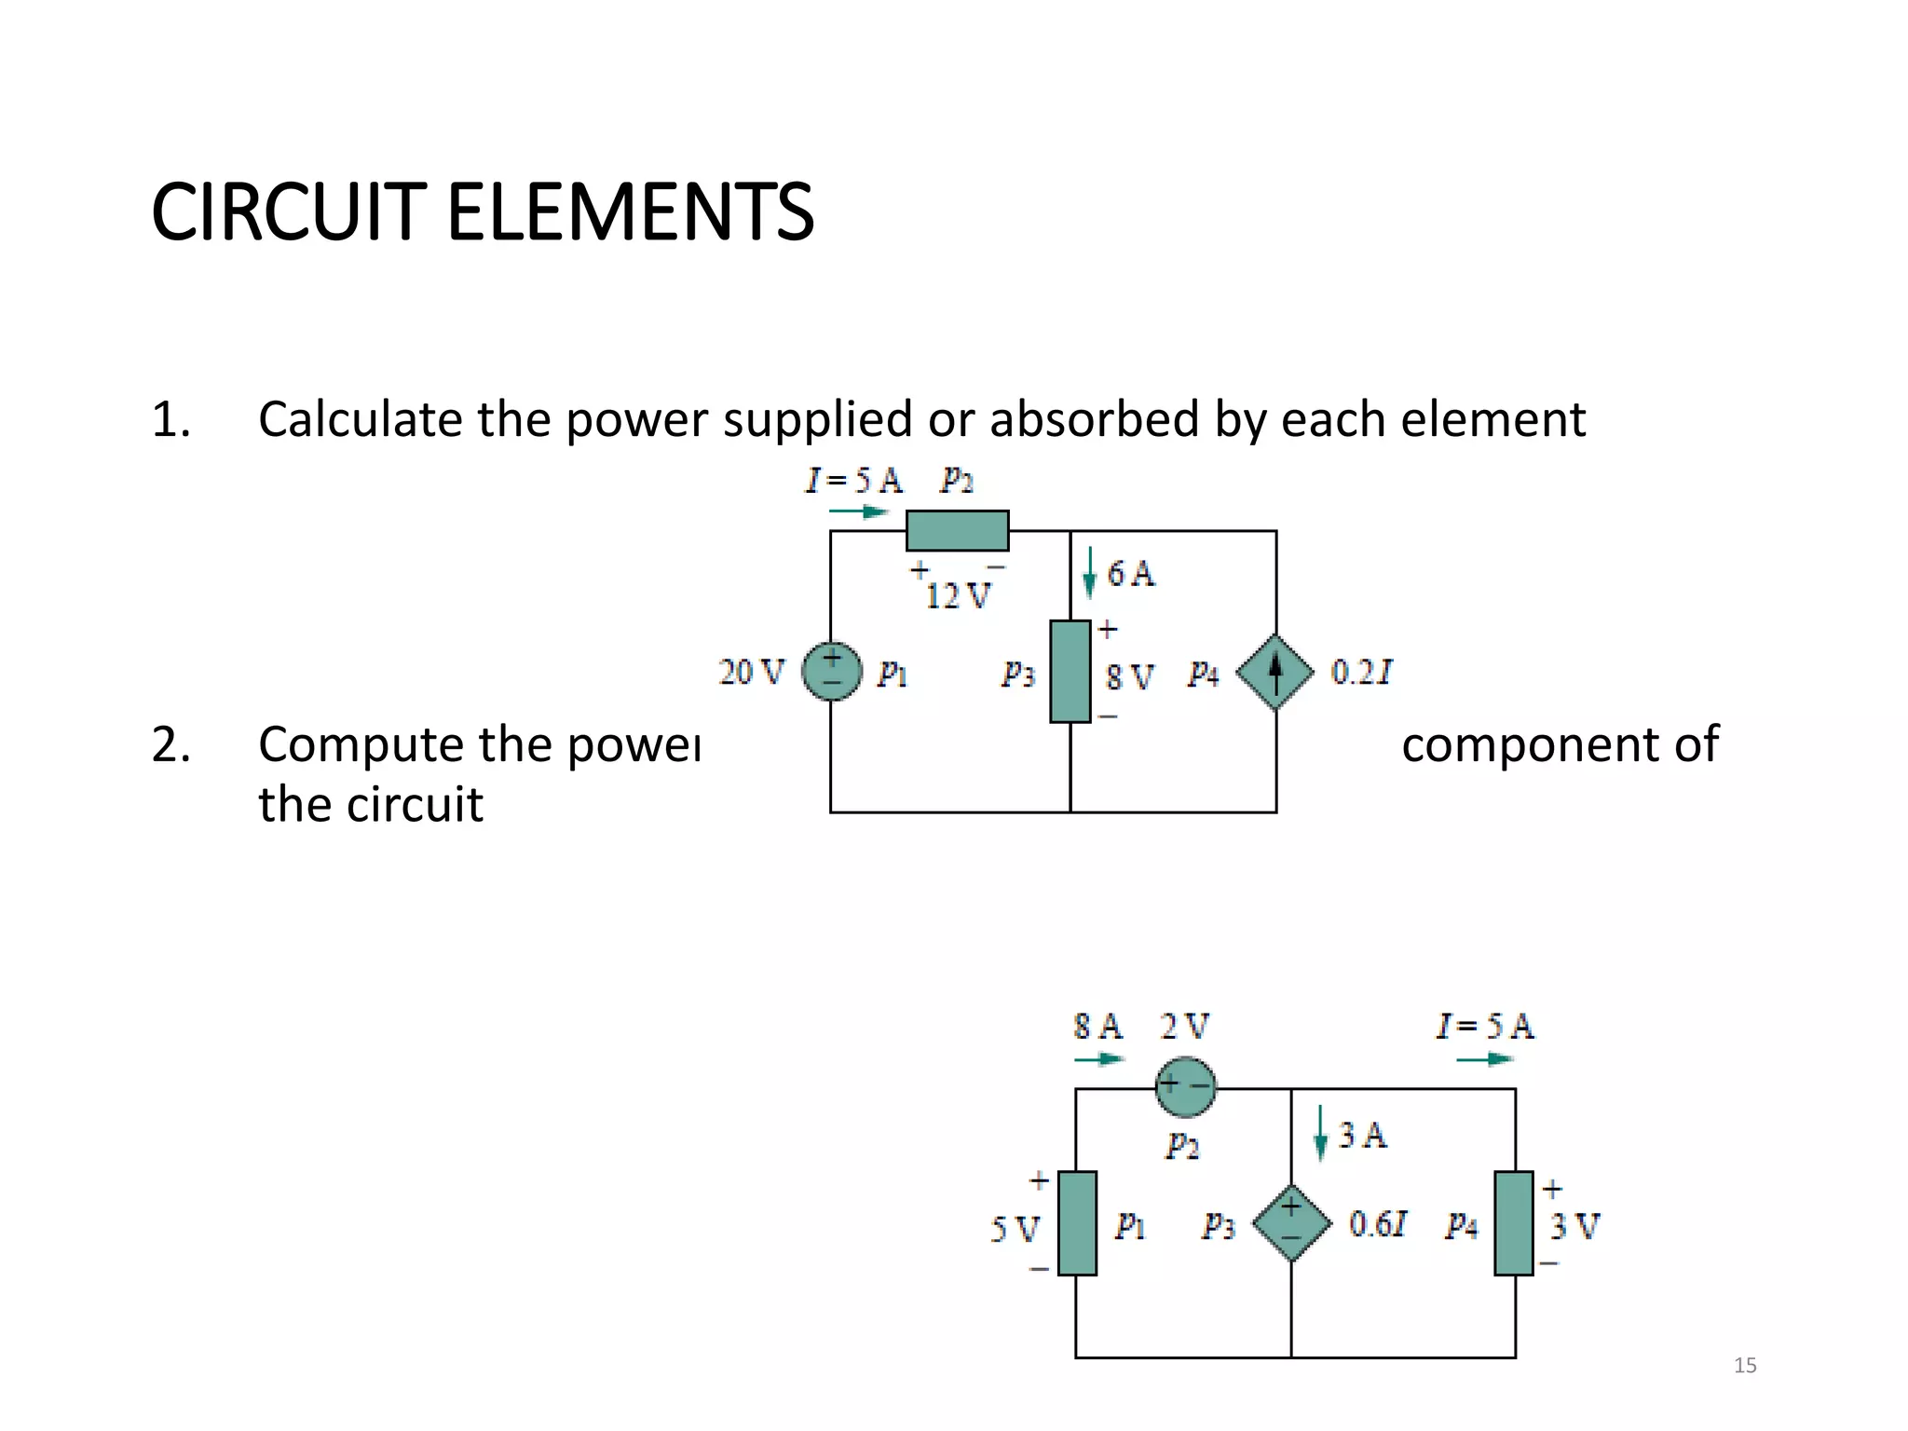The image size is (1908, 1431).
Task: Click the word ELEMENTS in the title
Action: [x=630, y=212]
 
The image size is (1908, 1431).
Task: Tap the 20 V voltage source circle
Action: [x=831, y=672]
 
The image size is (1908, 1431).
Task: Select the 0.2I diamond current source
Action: [x=1275, y=672]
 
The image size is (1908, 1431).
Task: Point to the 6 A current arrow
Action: [x=1089, y=573]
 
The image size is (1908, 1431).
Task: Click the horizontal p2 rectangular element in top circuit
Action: [x=957, y=530]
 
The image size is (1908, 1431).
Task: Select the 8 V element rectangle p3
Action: [x=1070, y=671]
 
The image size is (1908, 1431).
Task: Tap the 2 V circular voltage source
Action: [x=1185, y=1086]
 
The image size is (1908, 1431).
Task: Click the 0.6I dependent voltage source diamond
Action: [x=1291, y=1223]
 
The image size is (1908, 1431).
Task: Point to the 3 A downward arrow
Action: [x=1319, y=1134]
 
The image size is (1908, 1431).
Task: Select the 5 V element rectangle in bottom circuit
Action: [x=1077, y=1223]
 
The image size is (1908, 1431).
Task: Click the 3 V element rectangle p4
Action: [x=1513, y=1223]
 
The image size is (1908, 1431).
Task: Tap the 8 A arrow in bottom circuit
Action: [x=1099, y=1059]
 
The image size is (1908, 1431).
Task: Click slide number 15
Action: [x=1745, y=1366]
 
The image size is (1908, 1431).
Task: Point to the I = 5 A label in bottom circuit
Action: [x=1484, y=1027]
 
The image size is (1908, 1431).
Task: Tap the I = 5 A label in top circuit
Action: [x=853, y=481]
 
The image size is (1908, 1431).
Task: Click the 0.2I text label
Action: [x=1361, y=672]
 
